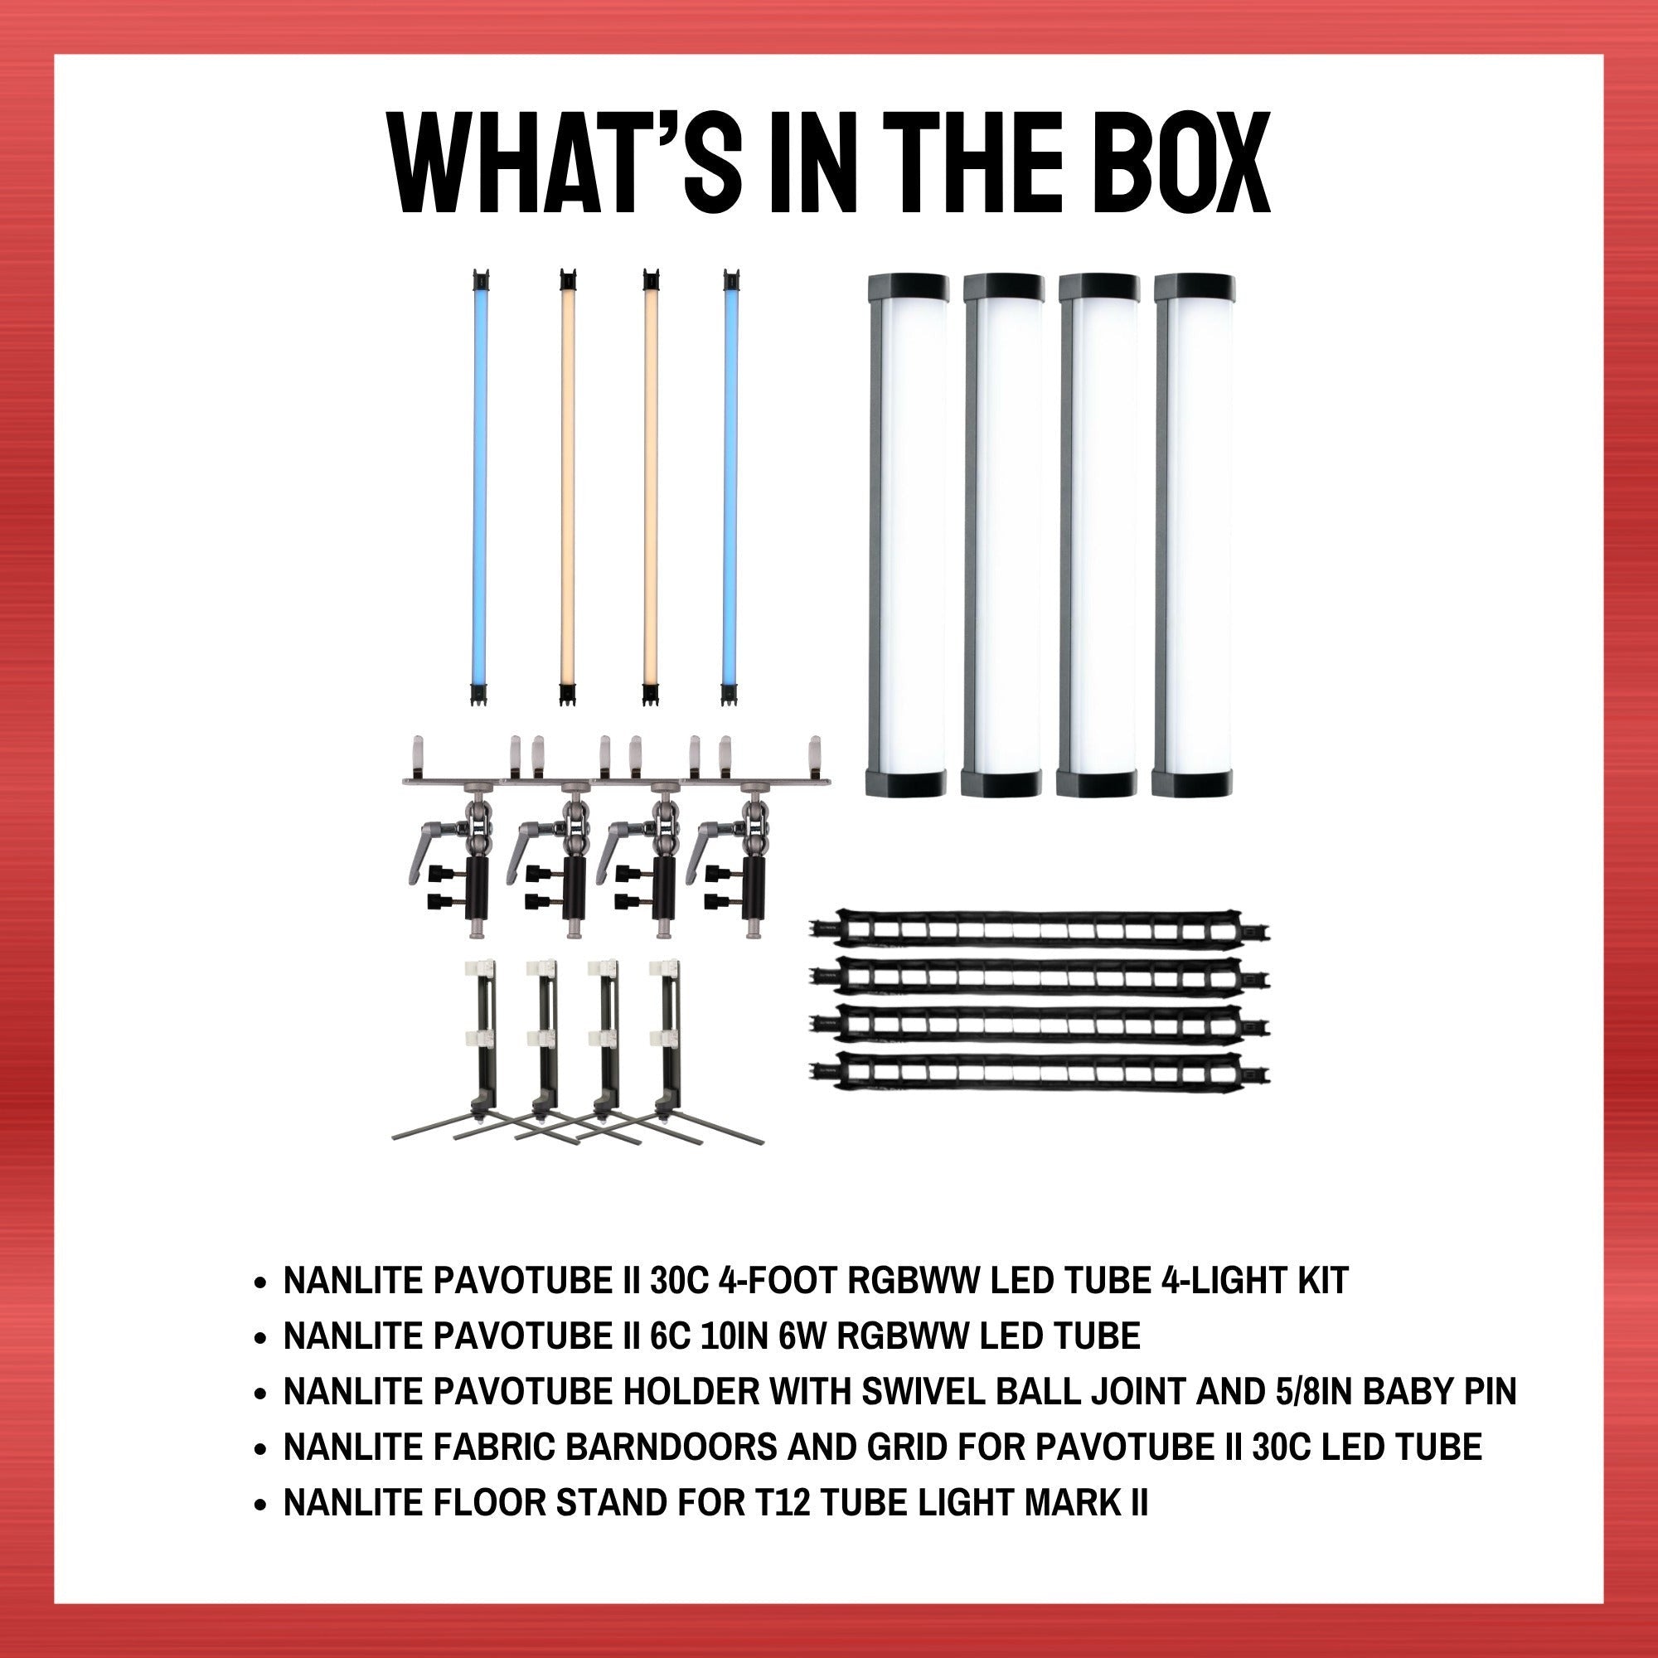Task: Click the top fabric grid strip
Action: point(1040,931)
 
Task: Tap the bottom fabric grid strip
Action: point(1040,1072)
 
